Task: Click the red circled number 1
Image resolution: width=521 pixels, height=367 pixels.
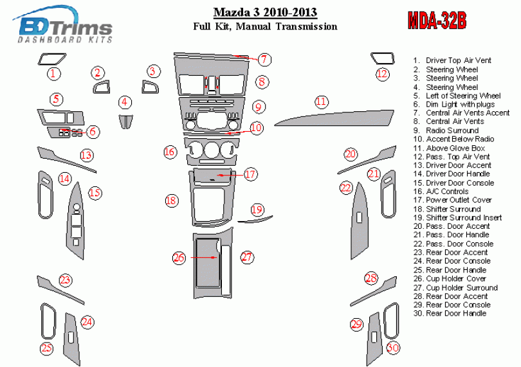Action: tap(55, 74)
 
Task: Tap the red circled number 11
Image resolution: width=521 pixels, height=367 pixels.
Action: tap(322, 102)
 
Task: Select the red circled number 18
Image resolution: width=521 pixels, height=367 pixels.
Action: tap(170, 201)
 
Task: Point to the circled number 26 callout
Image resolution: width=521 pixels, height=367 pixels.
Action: tap(179, 258)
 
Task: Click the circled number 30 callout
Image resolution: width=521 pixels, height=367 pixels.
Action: tap(392, 347)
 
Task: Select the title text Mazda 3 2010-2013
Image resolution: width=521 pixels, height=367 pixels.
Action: tap(266, 12)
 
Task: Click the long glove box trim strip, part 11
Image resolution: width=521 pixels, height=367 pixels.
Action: tap(334, 118)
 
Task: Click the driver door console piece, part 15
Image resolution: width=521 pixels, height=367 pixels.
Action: tap(77, 219)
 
